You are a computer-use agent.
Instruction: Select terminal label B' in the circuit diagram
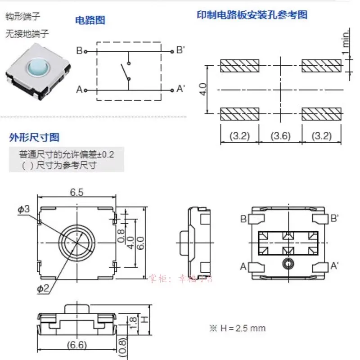(x=180, y=50)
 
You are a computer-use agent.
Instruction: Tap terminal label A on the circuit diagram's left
(x=80, y=90)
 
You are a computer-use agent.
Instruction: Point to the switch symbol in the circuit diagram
(x=125, y=72)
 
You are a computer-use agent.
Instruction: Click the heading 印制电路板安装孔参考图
(x=252, y=15)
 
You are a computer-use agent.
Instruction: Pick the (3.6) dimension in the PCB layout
(x=280, y=135)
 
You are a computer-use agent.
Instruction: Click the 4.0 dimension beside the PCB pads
(x=203, y=89)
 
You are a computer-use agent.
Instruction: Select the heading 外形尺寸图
(x=33, y=137)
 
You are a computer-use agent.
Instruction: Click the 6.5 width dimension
(x=76, y=193)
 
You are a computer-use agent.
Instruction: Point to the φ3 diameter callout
(x=24, y=209)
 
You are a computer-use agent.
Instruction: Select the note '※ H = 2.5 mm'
(x=237, y=328)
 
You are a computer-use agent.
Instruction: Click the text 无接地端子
(x=27, y=33)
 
